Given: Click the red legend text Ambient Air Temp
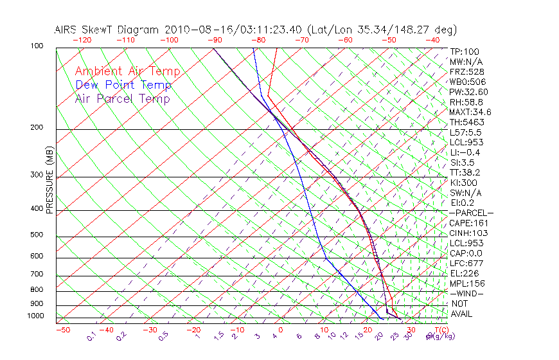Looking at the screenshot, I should pyautogui.click(x=127, y=71).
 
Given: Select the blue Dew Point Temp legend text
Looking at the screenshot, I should pyautogui.click(x=123, y=85).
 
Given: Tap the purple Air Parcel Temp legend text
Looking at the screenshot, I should pyautogui.click(x=122, y=98).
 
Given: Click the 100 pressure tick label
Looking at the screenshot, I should pyautogui.click(x=37, y=46).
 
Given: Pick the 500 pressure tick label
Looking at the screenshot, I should pyautogui.click(x=37, y=235).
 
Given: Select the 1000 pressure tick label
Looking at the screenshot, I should pyautogui.click(x=35, y=316).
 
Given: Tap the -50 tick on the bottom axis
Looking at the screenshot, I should pyautogui.click(x=62, y=330).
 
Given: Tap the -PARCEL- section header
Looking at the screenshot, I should pyautogui.click(x=471, y=213).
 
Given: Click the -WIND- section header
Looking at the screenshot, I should pyautogui.click(x=466, y=293).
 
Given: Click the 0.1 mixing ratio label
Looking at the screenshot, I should pyautogui.click(x=92, y=336).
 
